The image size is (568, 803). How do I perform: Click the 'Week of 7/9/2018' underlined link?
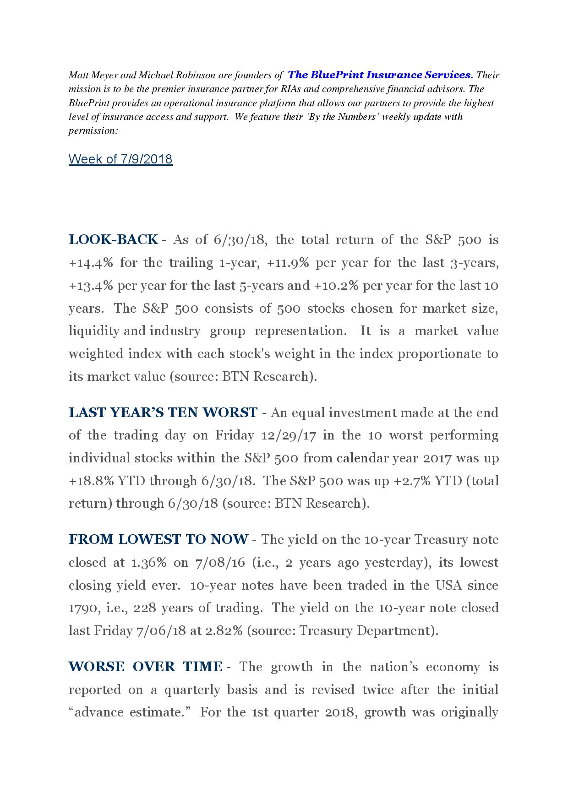click(120, 159)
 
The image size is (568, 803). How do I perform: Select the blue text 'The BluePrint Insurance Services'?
click(379, 75)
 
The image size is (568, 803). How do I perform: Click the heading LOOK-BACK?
click(113, 239)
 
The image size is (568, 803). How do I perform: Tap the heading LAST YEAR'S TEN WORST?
click(163, 412)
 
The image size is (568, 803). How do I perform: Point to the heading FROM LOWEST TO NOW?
click(158, 539)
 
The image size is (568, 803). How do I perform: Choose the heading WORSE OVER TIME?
click(146, 667)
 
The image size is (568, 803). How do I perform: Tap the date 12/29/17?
click(289, 435)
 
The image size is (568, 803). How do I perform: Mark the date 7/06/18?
click(161, 631)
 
